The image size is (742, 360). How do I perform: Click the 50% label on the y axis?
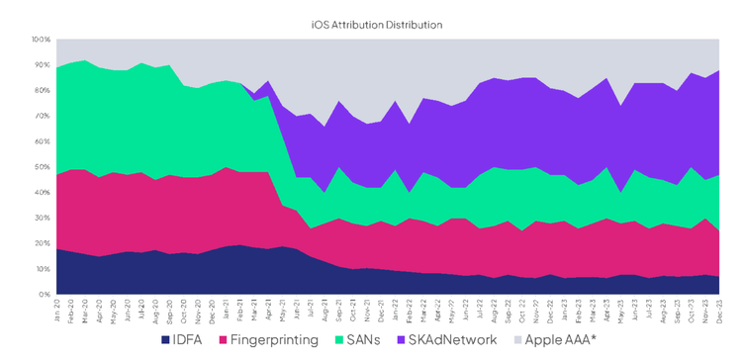[x=42, y=167]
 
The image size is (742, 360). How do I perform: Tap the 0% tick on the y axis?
[x=44, y=295]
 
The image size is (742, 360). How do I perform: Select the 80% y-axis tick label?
[x=42, y=91]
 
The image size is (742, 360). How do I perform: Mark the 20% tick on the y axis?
[x=42, y=243]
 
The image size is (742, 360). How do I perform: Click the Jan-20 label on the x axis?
[x=58, y=310]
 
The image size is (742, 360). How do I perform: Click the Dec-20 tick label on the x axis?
[x=212, y=310]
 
